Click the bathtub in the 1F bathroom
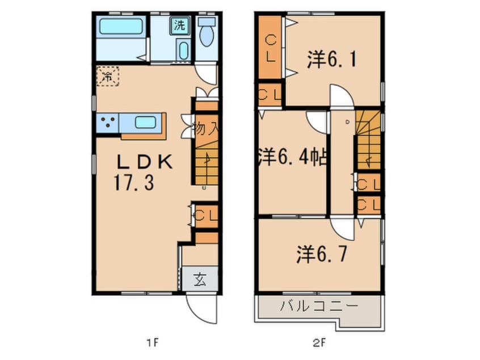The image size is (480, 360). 120,27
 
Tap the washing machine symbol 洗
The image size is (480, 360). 179,26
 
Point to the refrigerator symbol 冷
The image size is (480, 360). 107,76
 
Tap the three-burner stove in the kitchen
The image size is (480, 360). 107,122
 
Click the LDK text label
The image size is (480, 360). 144,162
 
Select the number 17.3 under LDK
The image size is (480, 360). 132,184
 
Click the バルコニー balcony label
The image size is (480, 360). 319,307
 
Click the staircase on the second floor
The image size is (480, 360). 368,142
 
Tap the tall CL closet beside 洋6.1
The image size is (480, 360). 270,48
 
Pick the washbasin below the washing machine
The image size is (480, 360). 183,50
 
